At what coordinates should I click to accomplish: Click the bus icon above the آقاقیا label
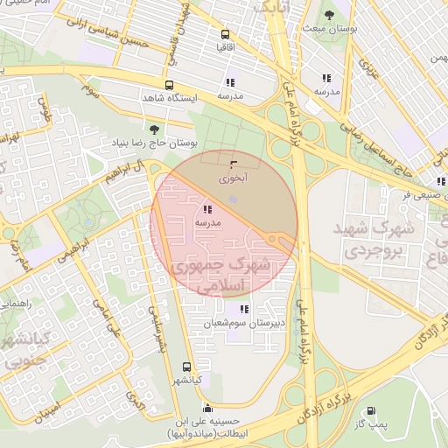coord(226,33)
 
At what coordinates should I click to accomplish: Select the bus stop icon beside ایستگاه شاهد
coord(169,85)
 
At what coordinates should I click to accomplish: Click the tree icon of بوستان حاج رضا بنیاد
coord(154,129)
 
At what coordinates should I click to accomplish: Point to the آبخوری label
coord(233,177)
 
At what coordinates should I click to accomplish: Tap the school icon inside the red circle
coord(206,210)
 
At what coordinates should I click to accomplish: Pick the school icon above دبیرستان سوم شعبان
coord(243,309)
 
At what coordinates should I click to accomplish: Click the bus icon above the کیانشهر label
coord(185,367)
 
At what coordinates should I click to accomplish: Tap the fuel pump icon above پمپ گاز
coord(371,411)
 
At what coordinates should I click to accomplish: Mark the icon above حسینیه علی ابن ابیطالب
coord(207,408)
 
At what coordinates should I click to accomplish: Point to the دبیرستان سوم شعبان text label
coord(233,324)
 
